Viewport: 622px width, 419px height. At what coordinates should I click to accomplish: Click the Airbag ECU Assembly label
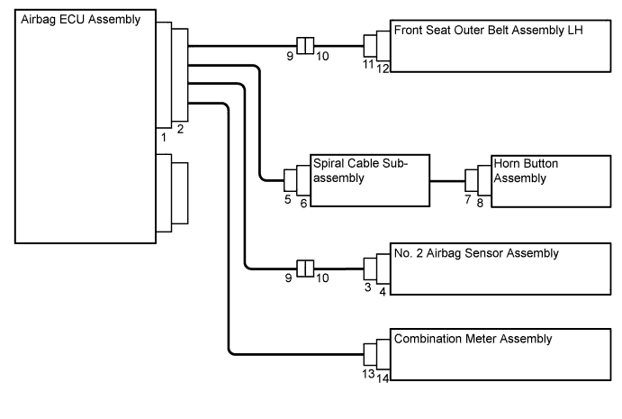point(80,19)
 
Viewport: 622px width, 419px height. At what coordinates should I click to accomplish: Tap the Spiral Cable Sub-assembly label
point(359,170)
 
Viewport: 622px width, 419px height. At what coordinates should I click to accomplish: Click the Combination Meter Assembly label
point(473,339)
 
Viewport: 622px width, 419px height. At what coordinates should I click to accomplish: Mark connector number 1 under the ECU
point(164,138)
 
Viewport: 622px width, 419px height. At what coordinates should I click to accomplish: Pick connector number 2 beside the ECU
point(180,130)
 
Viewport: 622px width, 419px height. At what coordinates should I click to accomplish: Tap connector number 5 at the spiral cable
point(287,199)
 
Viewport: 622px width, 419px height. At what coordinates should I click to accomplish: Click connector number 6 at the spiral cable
point(303,204)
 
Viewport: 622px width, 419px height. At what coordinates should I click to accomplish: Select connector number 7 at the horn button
point(468,199)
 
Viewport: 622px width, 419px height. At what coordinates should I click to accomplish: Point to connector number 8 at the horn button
point(480,204)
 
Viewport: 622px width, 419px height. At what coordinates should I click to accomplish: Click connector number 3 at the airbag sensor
point(368,287)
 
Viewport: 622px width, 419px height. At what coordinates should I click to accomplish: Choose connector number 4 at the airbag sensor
point(383,292)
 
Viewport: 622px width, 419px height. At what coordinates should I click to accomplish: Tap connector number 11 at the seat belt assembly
point(367,64)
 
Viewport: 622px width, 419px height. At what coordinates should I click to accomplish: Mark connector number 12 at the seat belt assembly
point(383,68)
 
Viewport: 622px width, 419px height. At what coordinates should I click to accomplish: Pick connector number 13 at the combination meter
point(367,373)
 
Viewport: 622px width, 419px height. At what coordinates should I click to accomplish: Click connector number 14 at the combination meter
point(383,378)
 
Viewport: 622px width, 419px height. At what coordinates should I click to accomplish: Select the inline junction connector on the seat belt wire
point(304,44)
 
